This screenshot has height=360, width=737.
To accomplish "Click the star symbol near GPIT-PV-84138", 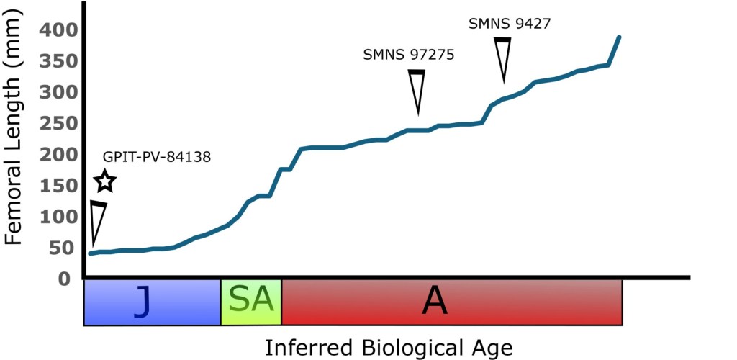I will pos(105,181).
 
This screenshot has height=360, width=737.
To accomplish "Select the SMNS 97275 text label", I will pos(409,55).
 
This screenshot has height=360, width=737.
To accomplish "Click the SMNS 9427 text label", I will pos(510,23).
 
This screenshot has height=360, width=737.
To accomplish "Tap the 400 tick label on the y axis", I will pos(55,30).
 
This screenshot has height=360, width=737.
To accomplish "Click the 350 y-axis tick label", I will pos(55,61).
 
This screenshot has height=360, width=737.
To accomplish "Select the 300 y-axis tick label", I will pos(55,93).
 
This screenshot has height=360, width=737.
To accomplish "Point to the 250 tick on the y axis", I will pos(55,124).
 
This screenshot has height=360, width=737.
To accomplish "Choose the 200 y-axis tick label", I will pos(55,155).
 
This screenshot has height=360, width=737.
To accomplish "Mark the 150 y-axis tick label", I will pos(55,186).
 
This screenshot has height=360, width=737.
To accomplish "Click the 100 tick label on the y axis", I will pos(55,217).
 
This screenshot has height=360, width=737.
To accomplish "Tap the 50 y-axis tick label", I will pos(61,248).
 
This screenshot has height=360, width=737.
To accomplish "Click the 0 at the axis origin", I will pos(67,279).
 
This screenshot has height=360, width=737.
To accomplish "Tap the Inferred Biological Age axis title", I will pos(389,348).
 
